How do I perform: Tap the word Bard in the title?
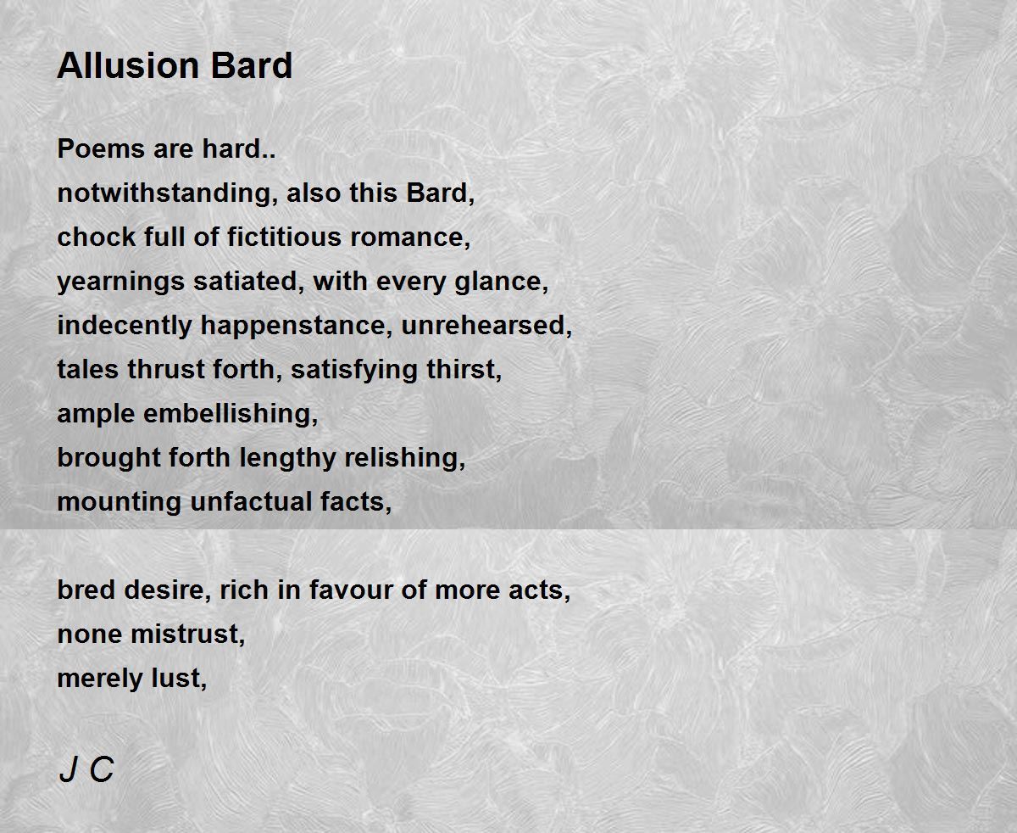coord(252,65)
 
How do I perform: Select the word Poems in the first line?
coord(101,148)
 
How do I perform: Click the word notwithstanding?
coord(168,193)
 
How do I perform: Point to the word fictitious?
coord(285,237)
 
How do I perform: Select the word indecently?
coord(125,326)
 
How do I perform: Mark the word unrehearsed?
coord(486,326)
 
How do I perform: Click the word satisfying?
coord(354,370)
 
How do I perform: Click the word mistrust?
coord(188,635)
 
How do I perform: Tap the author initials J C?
coord(86,769)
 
